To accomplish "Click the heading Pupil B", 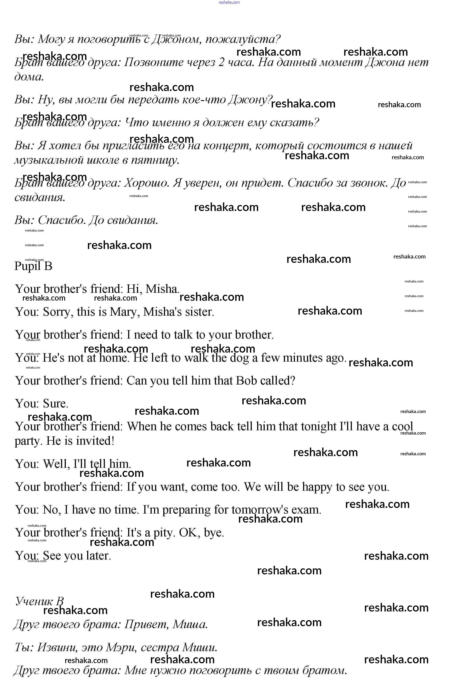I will tap(33, 266).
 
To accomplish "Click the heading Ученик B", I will tap(39, 601).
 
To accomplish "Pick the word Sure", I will tap(55, 404).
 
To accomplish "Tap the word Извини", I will tap(57, 648).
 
